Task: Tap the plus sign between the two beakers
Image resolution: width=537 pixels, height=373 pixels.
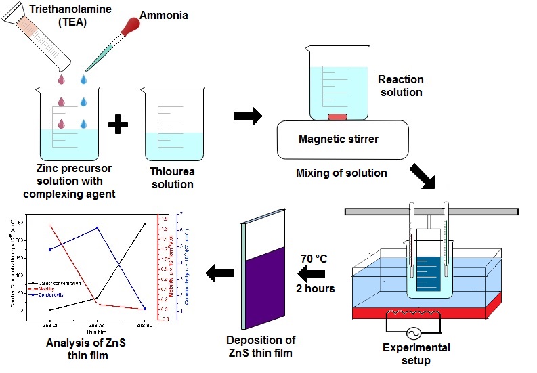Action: pos(118,125)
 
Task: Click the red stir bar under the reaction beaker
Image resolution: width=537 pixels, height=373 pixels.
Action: pos(337,118)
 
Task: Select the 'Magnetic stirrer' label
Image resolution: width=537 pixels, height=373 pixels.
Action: pos(339,139)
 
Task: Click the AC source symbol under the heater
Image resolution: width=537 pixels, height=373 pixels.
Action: pos(412,334)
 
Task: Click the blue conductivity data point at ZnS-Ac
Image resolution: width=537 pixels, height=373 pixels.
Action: pos(98,228)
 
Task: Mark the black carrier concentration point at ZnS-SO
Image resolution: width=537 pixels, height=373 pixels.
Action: pos(144,224)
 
